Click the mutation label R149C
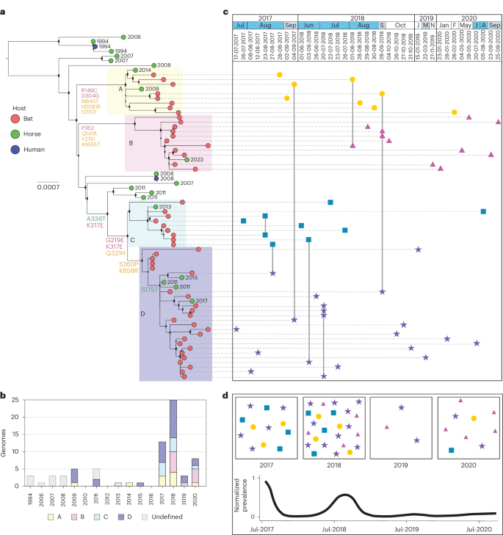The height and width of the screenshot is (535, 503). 92,90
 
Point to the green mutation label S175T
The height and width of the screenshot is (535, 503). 151,290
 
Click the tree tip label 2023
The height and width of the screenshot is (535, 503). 197,159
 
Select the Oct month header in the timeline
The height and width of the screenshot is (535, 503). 400,25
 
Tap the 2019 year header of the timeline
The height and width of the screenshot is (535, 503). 425,15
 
